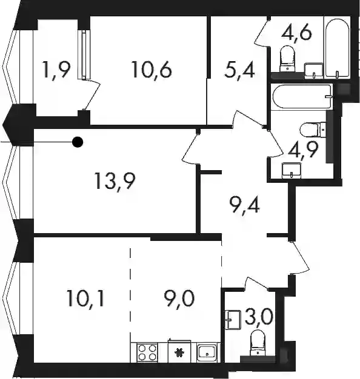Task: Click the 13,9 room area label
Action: (115, 182)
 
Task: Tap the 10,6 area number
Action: (152, 70)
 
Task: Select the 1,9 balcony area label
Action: (56, 70)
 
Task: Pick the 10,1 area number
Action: (85, 298)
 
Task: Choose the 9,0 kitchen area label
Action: (179, 298)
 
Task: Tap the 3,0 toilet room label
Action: (259, 317)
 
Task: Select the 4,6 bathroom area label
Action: (296, 33)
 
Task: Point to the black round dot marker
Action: (78, 142)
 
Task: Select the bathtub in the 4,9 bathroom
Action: (302, 97)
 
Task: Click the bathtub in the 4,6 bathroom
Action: (337, 47)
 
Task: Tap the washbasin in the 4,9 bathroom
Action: (292, 170)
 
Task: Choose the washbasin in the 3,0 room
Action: (233, 320)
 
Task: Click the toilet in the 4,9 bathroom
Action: (313, 130)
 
